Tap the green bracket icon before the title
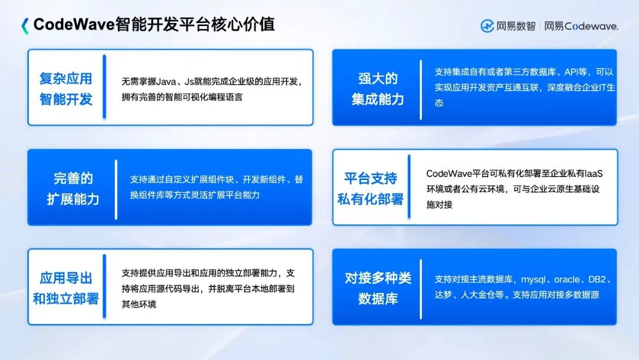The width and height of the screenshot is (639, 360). (24, 25)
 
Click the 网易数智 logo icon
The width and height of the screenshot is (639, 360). (487, 26)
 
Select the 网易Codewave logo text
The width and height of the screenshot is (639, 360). (581, 26)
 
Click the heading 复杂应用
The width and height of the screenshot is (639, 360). (66, 78)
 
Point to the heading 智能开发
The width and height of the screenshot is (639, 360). (66, 99)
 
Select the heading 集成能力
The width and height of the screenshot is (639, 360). (377, 99)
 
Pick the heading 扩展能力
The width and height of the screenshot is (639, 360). (73, 199)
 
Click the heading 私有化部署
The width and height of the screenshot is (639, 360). (370, 199)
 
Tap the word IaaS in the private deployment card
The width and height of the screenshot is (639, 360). (592, 173)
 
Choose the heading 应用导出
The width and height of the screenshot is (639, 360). (66, 278)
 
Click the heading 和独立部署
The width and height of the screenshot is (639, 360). (66, 299)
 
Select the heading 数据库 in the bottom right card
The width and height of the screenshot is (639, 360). (377, 299)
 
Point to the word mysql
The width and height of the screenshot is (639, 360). (535, 279)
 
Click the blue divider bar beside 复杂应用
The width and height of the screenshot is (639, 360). (104, 87)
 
